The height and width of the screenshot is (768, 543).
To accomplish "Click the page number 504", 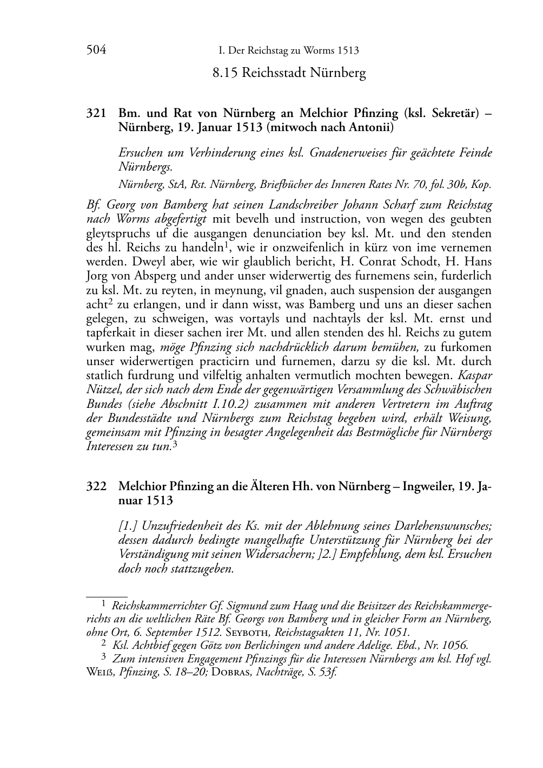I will (x=96, y=50).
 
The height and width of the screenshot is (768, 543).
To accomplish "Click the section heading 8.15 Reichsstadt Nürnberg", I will (x=289, y=73).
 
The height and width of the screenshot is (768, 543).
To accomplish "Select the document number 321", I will (x=95, y=114).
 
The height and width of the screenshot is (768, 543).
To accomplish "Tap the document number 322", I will (x=95, y=486).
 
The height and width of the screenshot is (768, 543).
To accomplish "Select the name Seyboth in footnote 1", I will (x=248, y=632).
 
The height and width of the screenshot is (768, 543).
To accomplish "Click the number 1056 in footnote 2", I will (x=453, y=645).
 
